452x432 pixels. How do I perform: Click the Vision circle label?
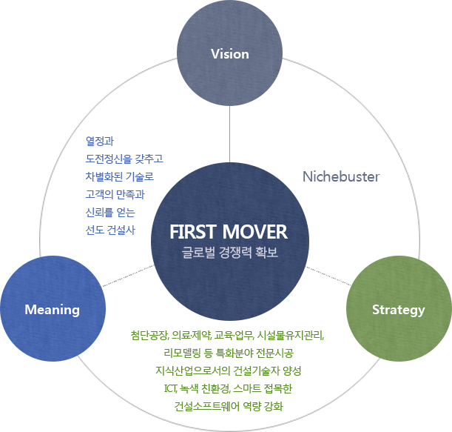229,54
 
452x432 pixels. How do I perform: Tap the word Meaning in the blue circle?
52,309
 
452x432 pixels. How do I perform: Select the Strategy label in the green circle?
398,309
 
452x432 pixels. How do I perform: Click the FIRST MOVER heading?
228,230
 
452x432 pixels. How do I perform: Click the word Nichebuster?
341,177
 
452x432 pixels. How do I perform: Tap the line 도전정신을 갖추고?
123,159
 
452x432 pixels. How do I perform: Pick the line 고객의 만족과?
114,194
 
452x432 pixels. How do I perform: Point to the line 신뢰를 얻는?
109,212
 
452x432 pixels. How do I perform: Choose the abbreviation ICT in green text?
169,388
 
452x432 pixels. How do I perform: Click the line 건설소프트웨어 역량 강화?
228,406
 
